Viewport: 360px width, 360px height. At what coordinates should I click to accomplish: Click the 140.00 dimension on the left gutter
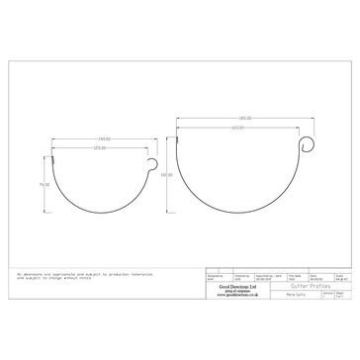(x=103, y=138)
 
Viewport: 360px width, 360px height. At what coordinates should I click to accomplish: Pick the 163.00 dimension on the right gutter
(x=237, y=127)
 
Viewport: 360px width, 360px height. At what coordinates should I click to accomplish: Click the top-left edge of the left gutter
(x=53, y=156)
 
